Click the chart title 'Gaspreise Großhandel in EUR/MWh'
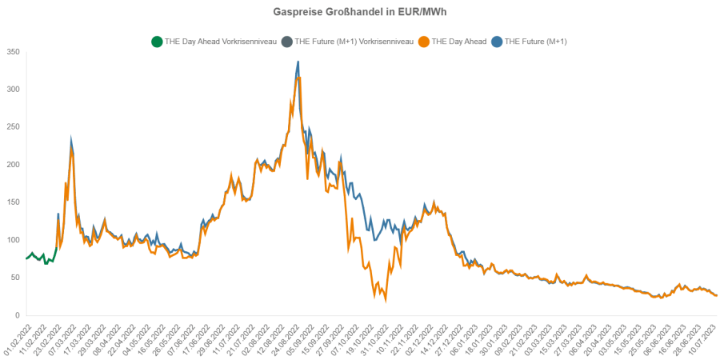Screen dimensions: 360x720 [x=359, y=13]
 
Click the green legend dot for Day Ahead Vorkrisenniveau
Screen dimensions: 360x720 [x=156, y=41]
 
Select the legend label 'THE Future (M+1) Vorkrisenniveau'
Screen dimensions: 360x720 [x=354, y=41]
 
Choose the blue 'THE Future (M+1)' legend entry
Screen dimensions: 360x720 [x=534, y=41]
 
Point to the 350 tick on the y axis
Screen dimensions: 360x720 [x=12, y=52]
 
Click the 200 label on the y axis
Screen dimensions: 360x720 [x=12, y=165]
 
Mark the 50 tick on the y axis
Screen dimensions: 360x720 [x=14, y=278]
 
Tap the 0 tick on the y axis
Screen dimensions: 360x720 [x=17, y=315]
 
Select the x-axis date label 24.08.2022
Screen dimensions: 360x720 [x=286, y=336]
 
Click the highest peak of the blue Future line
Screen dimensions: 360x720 [x=298, y=62]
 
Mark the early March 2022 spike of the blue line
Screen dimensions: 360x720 [x=71, y=139]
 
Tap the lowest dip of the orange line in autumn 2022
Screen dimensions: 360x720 [x=386, y=300]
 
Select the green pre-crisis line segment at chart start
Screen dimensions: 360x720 [x=40, y=257]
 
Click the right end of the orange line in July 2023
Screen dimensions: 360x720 [x=716, y=295]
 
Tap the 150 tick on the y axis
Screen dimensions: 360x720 [x=12, y=202]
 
